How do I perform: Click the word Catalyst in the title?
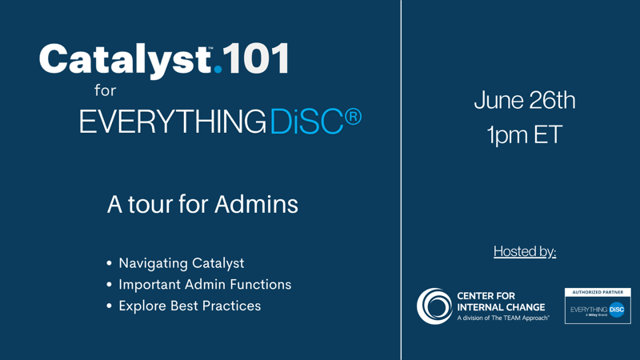126,61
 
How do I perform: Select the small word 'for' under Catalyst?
106,90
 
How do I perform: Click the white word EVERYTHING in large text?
173,122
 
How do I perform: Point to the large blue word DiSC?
306,122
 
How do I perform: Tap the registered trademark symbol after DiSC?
353,116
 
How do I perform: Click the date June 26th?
525,100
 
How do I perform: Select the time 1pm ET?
525,134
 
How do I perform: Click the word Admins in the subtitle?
256,204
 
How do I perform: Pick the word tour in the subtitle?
150,205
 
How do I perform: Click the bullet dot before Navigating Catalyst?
109,263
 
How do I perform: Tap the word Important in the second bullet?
150,285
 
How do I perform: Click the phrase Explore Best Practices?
190,306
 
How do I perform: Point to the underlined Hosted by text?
525,251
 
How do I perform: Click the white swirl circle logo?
434,306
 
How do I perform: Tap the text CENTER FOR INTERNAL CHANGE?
501,302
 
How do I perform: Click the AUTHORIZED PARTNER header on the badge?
598,292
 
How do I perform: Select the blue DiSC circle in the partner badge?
617,310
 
